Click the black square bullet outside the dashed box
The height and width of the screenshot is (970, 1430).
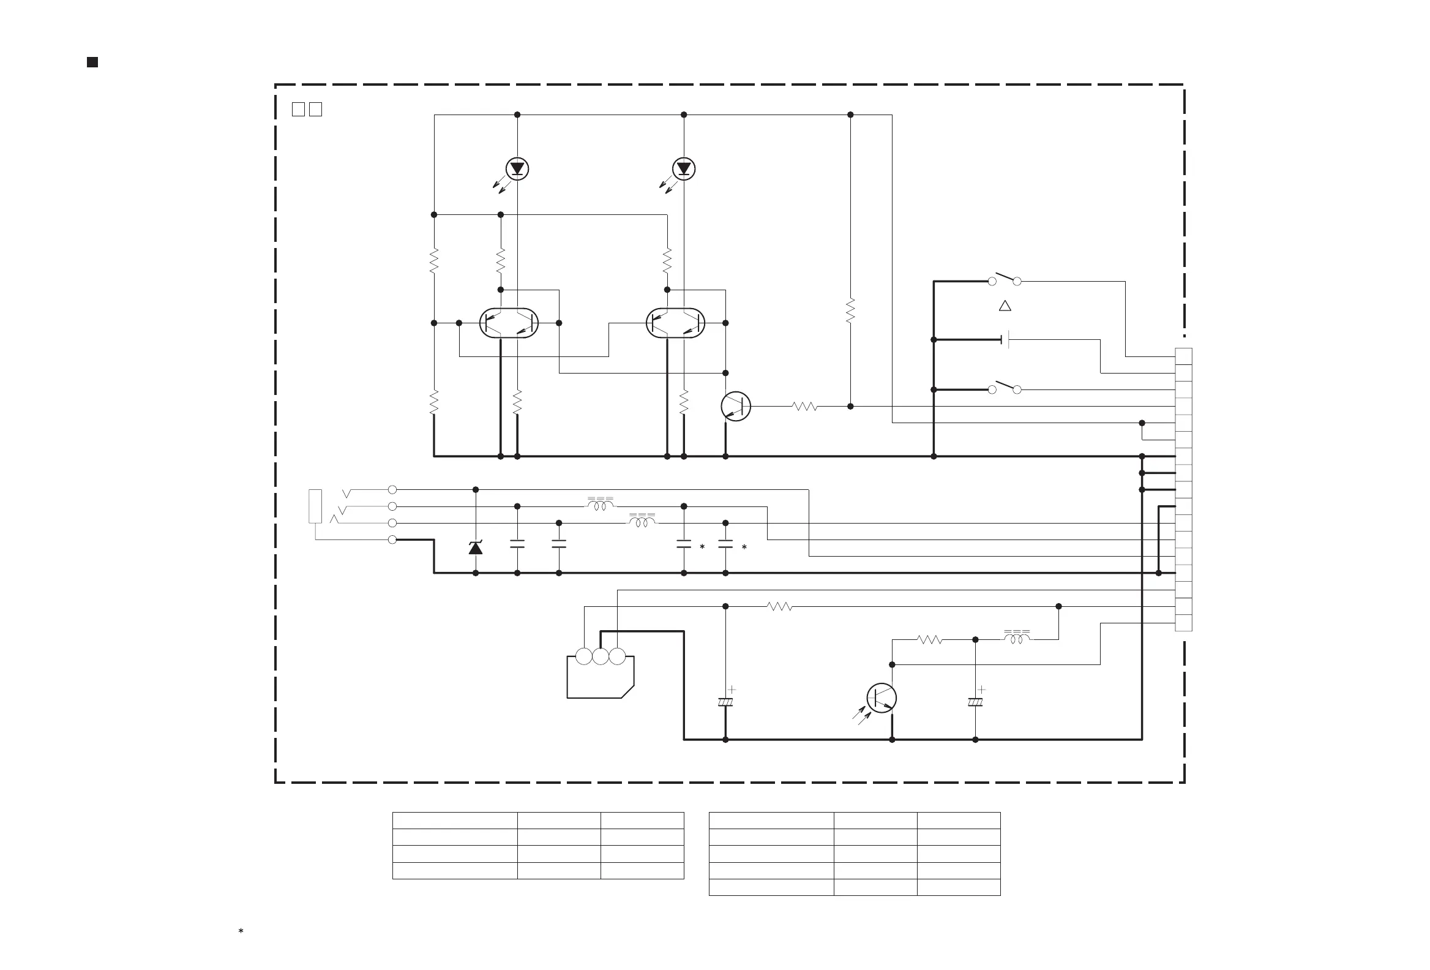pyautogui.click(x=92, y=62)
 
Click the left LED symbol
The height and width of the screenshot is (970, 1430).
pyautogui.click(x=517, y=168)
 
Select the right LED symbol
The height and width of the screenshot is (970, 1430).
pyautogui.click(x=684, y=168)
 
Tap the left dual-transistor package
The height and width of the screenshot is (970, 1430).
pyautogui.click(x=509, y=323)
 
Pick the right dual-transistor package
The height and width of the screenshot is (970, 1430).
pyautogui.click(x=676, y=323)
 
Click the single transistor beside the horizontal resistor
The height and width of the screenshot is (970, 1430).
pyautogui.click(x=736, y=406)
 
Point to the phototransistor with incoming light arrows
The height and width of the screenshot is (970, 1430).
pyautogui.click(x=881, y=698)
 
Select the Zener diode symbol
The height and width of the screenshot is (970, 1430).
pyautogui.click(x=476, y=547)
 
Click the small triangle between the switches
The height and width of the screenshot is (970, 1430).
pyautogui.click(x=1005, y=306)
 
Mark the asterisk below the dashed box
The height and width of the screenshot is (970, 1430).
pyautogui.click(x=241, y=931)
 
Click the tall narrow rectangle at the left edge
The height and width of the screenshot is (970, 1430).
pyautogui.click(x=315, y=506)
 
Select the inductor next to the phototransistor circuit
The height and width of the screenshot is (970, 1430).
pyautogui.click(x=1017, y=638)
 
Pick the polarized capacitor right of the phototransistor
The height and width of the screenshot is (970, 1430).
pyautogui.click(x=975, y=702)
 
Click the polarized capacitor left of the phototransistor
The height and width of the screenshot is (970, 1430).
pyautogui.click(x=725, y=702)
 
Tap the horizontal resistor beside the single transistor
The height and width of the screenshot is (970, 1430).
pyautogui.click(x=804, y=406)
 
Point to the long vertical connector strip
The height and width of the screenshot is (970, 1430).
pyautogui.click(x=1183, y=489)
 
